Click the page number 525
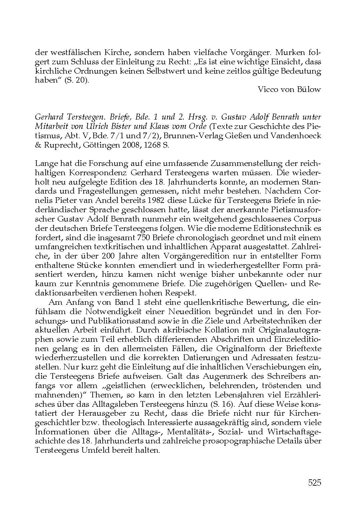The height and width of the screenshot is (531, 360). coord(314,483)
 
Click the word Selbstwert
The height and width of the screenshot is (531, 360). coord(168,71)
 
